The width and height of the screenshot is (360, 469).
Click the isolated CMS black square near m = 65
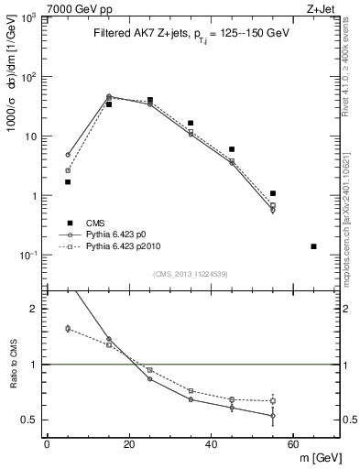314,246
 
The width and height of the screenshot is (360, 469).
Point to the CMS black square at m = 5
68,181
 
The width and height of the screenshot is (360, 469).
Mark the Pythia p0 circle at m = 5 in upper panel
68,155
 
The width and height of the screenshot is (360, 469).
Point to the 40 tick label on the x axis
211,444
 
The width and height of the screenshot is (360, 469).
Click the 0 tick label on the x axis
47,444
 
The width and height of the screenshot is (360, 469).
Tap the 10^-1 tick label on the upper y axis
25,256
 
